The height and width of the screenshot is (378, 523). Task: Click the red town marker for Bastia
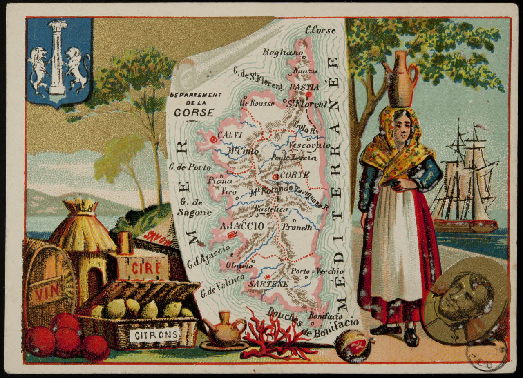coord(308,94)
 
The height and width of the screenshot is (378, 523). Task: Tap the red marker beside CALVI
coord(213,140)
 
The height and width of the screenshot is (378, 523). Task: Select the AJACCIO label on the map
coord(242,226)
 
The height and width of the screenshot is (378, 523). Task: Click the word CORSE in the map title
coord(193,112)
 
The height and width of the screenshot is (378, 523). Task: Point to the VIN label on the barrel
coord(46,292)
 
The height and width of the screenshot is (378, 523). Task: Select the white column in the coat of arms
coord(57,57)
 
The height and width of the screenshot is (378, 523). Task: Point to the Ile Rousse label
coord(257,103)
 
